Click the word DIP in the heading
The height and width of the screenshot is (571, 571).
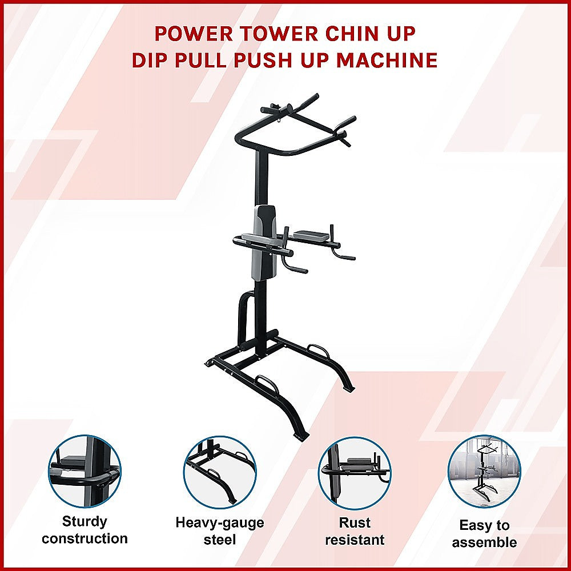pos(152,61)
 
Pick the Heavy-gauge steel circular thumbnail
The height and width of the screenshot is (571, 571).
pos(220,472)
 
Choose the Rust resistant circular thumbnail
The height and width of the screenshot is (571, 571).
pos(355,472)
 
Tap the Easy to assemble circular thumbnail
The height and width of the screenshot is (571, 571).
pos(484,472)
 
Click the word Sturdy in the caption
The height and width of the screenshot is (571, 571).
pos(85,521)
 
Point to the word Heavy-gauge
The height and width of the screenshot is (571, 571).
pos(220,522)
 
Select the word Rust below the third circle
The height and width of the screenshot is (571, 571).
pos(355,522)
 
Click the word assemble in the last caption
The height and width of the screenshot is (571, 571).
pos(484,542)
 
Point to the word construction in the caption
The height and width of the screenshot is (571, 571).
pos(85,538)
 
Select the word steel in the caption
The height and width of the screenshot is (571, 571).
pos(220,540)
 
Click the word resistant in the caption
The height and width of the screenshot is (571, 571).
pos(355,540)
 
